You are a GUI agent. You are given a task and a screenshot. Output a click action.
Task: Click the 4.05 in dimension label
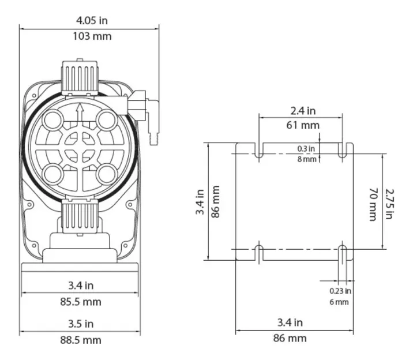89,20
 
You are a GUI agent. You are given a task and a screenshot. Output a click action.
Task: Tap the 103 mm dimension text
89,36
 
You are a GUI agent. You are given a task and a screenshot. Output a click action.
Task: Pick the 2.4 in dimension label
302,110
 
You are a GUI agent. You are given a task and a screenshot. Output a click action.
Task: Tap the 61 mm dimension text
302,125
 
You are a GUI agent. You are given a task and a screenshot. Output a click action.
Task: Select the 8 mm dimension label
307,159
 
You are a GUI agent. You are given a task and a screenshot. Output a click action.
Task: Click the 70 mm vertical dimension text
372,203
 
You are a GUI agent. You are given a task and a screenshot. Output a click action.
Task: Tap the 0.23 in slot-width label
340,291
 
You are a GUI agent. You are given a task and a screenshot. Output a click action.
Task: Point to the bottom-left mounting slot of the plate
259,252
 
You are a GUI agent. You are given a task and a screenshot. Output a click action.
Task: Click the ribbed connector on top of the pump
79,76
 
